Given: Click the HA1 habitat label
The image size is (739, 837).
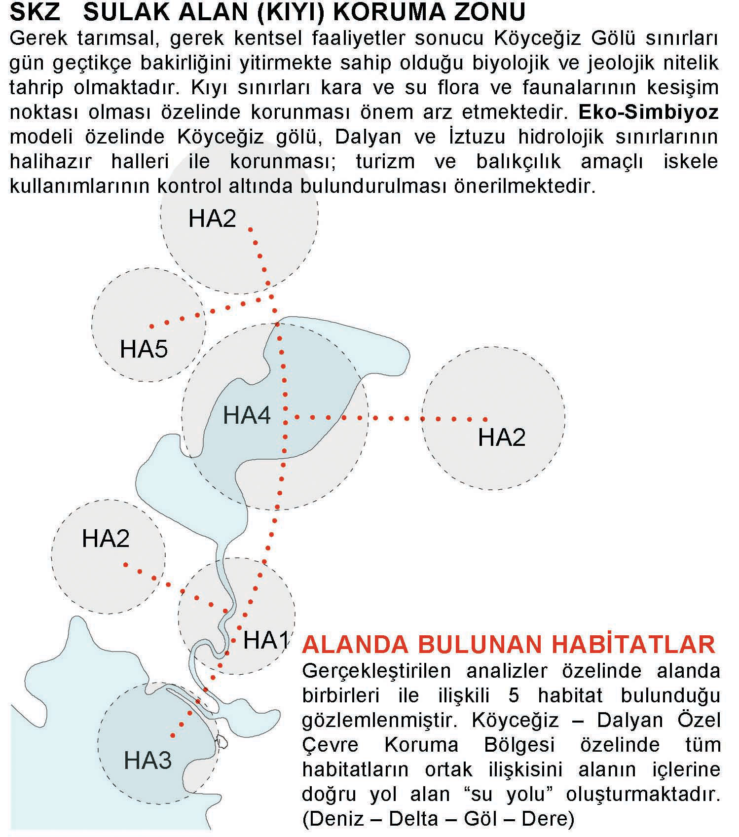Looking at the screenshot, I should point(266,640).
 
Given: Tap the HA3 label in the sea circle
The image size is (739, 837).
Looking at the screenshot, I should point(148,760).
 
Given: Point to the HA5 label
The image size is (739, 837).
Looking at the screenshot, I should point(144,349).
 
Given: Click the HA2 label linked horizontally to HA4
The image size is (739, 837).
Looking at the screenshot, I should point(502,437).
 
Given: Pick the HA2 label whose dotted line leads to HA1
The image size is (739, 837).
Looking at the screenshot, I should point(106,538).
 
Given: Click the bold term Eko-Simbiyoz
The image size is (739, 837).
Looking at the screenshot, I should point(648,112).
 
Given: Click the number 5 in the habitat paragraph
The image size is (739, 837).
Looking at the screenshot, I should point(514,695).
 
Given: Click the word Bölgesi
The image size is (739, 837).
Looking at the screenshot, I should point(519,745).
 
